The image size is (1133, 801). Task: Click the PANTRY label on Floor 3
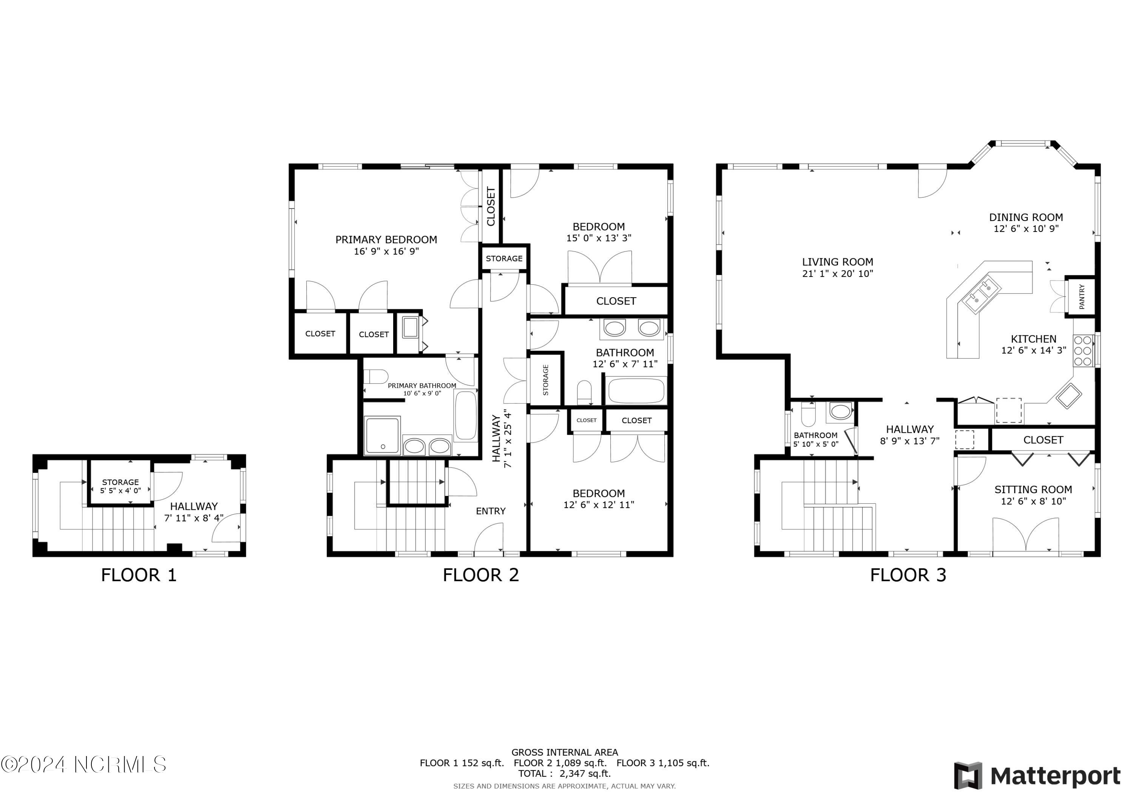pos(1082,296)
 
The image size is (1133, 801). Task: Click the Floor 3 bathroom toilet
pos(808,415)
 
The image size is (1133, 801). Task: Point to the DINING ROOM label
pos(1025,217)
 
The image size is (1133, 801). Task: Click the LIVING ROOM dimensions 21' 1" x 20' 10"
pos(837,274)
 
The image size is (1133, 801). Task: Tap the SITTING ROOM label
pos(1033,489)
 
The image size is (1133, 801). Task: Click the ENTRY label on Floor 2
pos(491,511)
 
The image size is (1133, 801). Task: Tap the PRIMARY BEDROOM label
pos(386,240)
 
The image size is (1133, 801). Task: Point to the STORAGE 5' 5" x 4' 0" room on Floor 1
pos(120,486)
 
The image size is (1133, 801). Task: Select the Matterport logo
pos(1037,776)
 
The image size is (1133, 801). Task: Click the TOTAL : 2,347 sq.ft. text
pos(564,773)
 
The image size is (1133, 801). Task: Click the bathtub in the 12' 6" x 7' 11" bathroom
pos(636,391)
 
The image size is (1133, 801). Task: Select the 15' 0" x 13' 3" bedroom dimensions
pos(599,238)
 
